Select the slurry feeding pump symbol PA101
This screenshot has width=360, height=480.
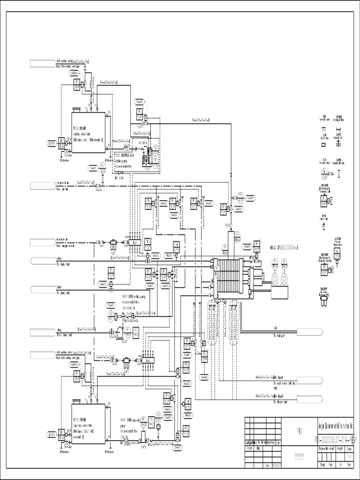(120, 332)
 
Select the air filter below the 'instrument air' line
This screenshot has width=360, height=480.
(112, 245)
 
